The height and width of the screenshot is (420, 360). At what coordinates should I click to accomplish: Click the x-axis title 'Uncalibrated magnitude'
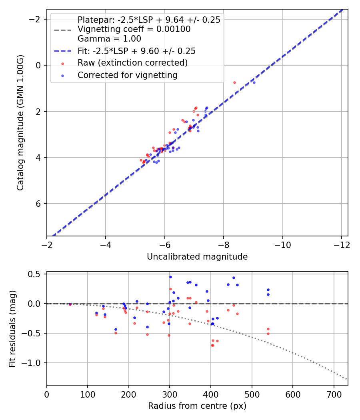point(197,257)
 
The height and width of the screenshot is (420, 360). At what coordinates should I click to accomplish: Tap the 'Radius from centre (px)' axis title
point(197,406)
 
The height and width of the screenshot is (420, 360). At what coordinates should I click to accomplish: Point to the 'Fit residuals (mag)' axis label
point(12,328)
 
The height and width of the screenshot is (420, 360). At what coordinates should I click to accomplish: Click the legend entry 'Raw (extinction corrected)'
point(132,63)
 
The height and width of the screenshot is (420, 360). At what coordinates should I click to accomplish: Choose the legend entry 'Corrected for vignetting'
point(127,75)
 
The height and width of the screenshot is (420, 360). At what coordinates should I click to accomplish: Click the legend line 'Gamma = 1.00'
point(109,39)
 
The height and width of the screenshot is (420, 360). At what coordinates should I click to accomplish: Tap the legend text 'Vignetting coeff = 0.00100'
point(134,29)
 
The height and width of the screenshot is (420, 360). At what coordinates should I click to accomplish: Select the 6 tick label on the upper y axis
point(39,204)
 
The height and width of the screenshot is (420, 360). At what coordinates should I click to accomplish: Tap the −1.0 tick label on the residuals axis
point(35,363)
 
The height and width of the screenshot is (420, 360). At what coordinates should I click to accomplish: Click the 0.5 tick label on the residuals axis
point(37,274)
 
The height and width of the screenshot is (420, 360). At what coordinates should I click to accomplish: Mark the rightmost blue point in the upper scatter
point(254,82)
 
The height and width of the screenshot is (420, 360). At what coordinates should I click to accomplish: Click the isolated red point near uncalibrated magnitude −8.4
point(234,82)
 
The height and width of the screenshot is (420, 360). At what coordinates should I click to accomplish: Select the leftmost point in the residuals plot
point(70,304)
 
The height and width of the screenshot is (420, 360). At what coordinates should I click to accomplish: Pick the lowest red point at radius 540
point(268,334)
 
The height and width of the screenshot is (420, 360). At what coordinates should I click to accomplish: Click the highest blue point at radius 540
point(268,290)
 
